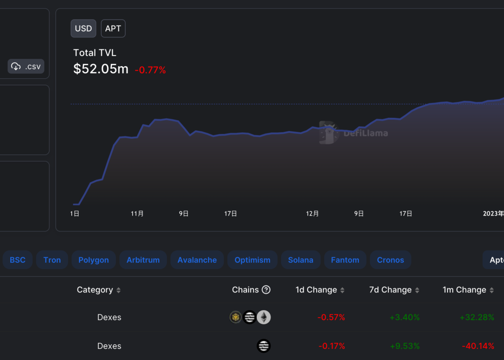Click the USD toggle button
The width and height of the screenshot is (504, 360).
click(83, 29)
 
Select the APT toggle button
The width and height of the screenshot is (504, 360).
click(113, 29)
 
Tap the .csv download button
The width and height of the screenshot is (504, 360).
click(26, 66)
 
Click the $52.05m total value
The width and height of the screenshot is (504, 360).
click(101, 69)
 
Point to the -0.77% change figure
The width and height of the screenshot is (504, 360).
click(150, 70)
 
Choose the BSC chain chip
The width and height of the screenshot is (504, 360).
click(18, 260)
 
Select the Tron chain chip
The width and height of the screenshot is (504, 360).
click(52, 260)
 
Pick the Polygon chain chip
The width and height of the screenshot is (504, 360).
click(94, 260)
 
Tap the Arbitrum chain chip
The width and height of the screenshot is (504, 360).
click(143, 260)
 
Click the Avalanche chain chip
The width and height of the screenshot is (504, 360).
click(197, 260)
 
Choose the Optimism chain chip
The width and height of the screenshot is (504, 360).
click(252, 260)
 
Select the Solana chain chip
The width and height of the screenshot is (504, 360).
click(301, 260)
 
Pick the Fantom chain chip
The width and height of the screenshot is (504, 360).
click(345, 260)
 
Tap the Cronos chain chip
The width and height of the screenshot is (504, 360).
click(390, 260)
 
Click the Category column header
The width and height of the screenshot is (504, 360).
click(95, 290)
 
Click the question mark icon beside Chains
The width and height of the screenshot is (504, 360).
click(266, 290)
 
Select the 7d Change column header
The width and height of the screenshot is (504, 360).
click(390, 290)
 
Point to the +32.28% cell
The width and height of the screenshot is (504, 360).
click(477, 317)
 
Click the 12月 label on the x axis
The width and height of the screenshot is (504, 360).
click(313, 214)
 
